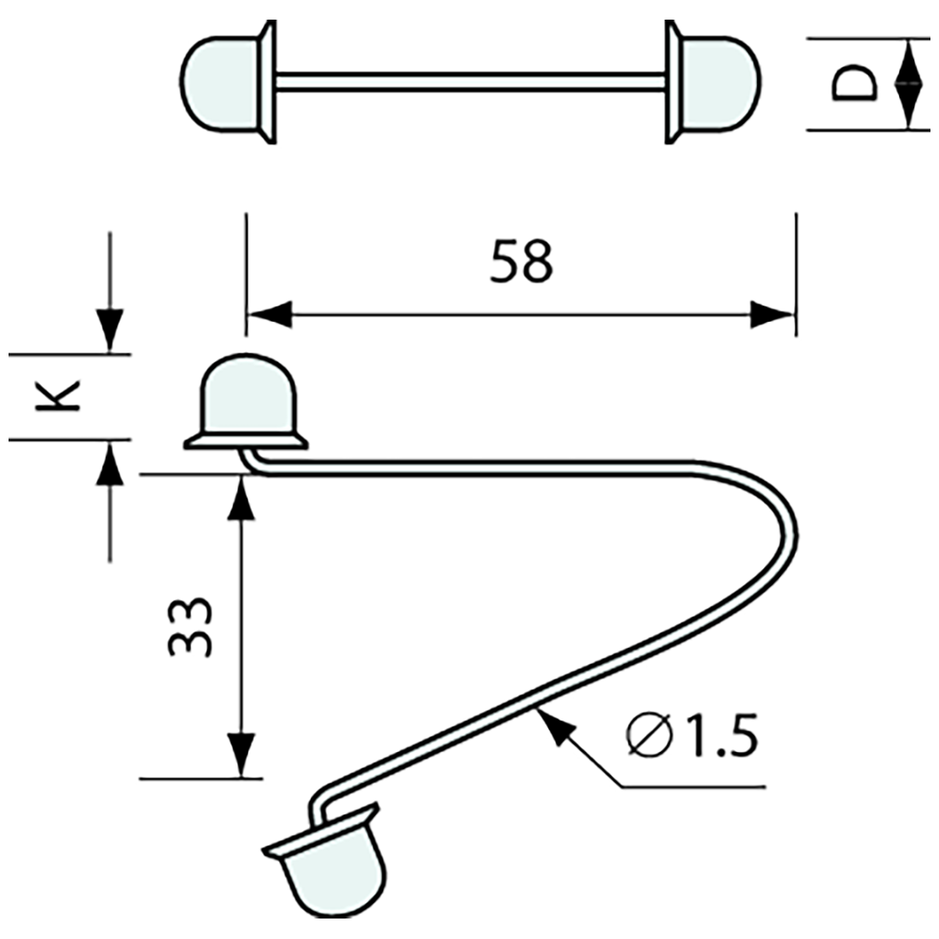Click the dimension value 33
[190, 625]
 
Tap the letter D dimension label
[854, 85]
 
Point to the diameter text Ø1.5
[691, 736]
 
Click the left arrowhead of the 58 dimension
[268, 313]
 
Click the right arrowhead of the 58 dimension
[773, 313]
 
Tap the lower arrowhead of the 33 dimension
[243, 755]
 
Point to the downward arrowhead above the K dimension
[110, 330]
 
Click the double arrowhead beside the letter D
[908, 85]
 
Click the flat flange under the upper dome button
[246, 440]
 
